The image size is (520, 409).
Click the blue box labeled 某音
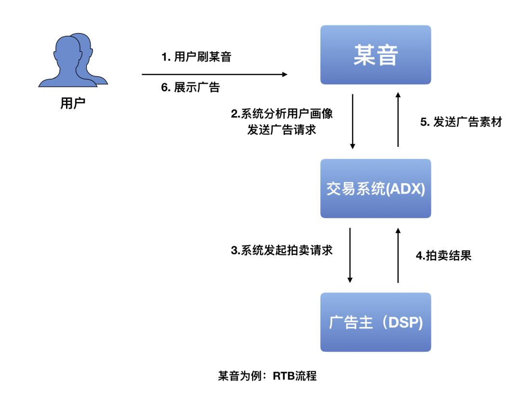376,55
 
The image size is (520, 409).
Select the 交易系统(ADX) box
376,189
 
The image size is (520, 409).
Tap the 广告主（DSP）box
376,322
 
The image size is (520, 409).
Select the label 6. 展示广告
191,89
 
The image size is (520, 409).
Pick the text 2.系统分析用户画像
282,115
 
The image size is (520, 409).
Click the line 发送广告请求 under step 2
282,130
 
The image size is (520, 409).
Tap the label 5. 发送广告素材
461,122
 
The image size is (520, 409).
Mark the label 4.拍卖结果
443,255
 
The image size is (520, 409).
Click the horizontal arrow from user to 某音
214,74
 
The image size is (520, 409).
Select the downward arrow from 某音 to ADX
353,121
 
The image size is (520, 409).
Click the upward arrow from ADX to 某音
398,120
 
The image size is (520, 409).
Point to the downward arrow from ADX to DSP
351,255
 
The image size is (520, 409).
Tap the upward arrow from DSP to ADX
398,255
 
